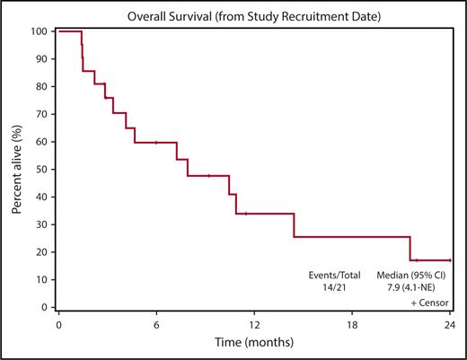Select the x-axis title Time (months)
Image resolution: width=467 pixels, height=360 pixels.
click(254, 342)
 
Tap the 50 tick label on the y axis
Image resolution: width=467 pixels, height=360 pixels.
click(41, 170)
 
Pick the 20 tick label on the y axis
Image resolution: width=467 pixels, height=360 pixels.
click(41, 252)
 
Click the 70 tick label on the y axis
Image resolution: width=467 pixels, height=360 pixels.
click(41, 114)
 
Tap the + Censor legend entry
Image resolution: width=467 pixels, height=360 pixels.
click(428, 303)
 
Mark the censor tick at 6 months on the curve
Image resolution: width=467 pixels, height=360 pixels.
click(156, 142)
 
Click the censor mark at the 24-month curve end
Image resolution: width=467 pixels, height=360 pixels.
click(449, 260)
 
